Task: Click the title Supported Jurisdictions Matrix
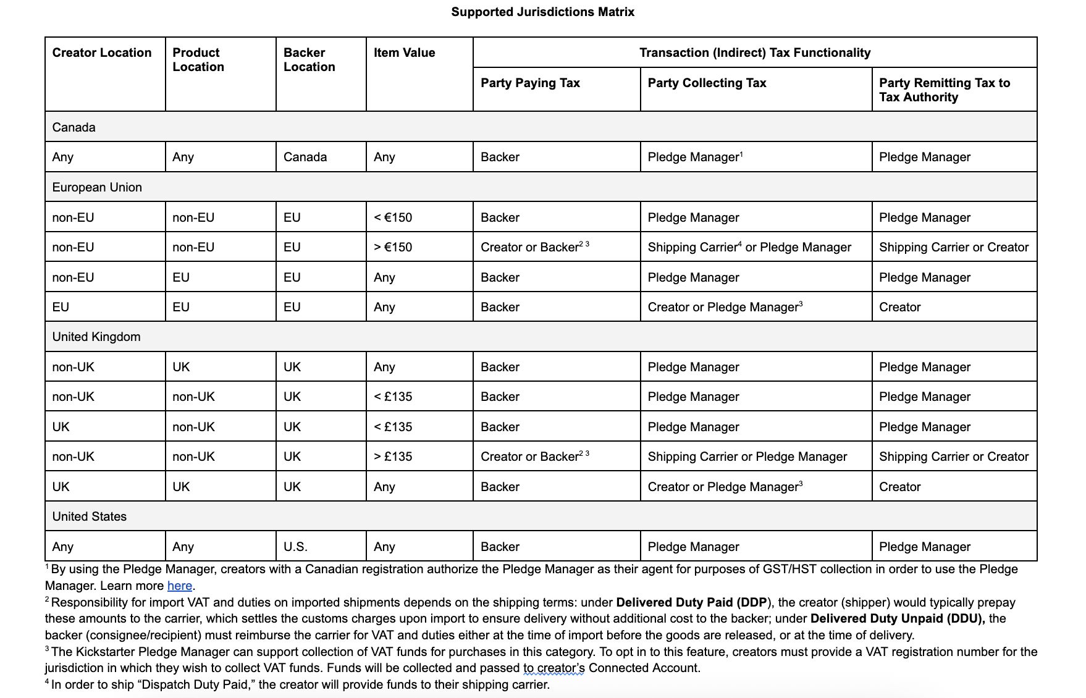(x=542, y=12)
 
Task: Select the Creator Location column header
(x=101, y=53)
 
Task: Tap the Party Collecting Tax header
(x=707, y=83)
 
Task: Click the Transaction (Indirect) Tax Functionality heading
(x=754, y=53)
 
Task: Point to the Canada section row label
(x=74, y=127)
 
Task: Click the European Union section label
(x=97, y=187)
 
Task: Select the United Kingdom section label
(x=96, y=337)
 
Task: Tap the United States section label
(x=89, y=516)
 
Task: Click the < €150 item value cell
(x=393, y=217)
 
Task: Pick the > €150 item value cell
(x=393, y=247)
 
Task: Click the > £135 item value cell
(x=393, y=456)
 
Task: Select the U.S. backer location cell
(x=295, y=547)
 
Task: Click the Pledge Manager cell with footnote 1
(x=694, y=157)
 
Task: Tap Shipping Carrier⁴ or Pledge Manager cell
(x=749, y=247)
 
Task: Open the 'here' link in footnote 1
(x=179, y=586)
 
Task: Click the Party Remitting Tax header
(x=944, y=90)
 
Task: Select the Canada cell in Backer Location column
(x=305, y=157)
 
